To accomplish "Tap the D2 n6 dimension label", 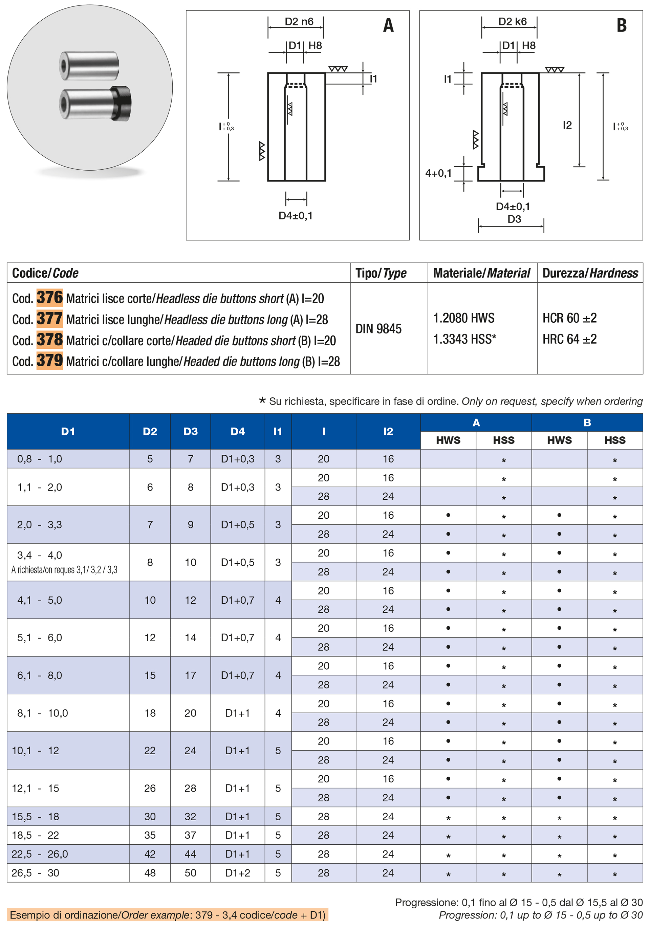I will [x=299, y=21].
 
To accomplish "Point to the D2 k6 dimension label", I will [x=512, y=21].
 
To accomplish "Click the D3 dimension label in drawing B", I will [x=514, y=219].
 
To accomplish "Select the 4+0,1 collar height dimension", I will [x=438, y=173].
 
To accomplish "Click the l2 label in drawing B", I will [x=567, y=125].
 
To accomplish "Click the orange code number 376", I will [x=49, y=298].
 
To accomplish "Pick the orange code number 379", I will [x=49, y=361].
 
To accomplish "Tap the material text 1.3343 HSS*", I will [x=464, y=339].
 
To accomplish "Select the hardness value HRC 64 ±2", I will [x=569, y=339].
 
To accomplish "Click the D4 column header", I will [x=237, y=431].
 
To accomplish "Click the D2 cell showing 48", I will [x=150, y=873].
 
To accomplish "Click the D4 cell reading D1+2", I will [x=237, y=873].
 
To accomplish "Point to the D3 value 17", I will [x=190, y=675].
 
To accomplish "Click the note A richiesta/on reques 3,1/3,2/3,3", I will [x=64, y=570].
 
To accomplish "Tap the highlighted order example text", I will [x=167, y=915].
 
